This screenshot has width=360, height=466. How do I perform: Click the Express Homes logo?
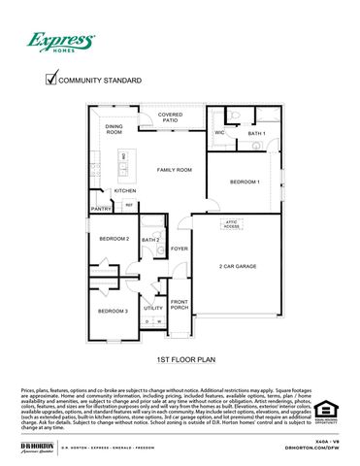click(x=60, y=42)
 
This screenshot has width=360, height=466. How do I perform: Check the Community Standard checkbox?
click(x=51, y=81)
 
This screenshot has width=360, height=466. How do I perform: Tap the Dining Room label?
click(x=114, y=129)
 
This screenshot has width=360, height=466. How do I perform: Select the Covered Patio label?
click(x=170, y=117)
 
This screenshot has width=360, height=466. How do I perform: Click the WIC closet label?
click(x=219, y=132)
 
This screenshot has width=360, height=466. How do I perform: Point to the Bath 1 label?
click(x=256, y=133)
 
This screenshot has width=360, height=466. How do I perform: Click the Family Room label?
click(x=176, y=170)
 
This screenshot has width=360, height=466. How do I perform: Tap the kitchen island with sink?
click(x=123, y=168)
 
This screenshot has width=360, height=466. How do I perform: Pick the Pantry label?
click(x=101, y=209)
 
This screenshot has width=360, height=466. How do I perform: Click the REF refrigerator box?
click(x=128, y=205)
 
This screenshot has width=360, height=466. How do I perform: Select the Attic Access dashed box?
click(x=232, y=224)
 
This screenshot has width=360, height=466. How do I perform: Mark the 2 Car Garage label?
click(x=238, y=265)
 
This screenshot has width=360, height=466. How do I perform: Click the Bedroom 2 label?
click(x=114, y=238)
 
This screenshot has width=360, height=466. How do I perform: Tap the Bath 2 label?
click(x=150, y=240)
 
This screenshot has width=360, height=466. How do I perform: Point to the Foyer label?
click(x=180, y=249)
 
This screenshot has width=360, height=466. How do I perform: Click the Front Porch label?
click(x=180, y=304)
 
